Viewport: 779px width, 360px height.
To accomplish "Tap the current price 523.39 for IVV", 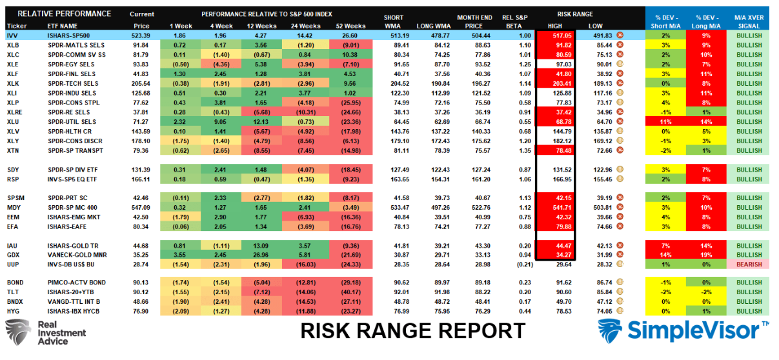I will click(140, 35).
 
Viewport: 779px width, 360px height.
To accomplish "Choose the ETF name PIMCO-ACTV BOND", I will click(68, 283).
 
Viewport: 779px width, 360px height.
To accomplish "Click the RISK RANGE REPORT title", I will click(412, 331).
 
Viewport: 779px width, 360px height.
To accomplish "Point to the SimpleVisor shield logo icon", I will click(611, 331).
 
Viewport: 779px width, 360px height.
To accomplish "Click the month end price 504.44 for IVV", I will click(473, 35).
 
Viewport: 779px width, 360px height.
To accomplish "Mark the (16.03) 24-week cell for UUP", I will click(307, 265).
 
